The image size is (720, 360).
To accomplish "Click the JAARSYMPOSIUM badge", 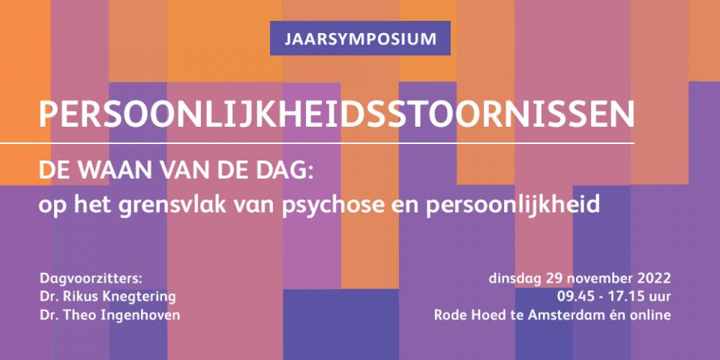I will (x=360, y=38).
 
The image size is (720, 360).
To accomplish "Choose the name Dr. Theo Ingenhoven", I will (x=110, y=315).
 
